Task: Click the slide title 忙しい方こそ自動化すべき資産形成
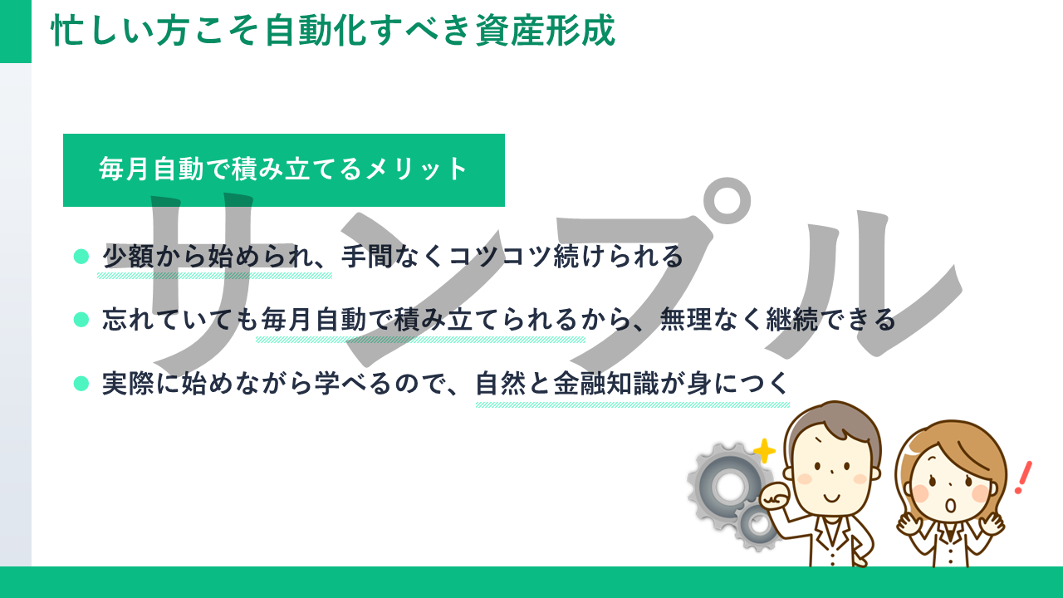pyautogui.click(x=333, y=31)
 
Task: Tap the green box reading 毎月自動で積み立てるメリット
pyautogui.click(x=284, y=170)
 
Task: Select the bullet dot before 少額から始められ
pyautogui.click(x=81, y=257)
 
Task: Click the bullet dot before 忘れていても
pyautogui.click(x=81, y=320)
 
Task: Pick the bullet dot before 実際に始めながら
pyautogui.click(x=81, y=384)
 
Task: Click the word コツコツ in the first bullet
pyautogui.click(x=500, y=257)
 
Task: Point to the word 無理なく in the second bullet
pyautogui.click(x=712, y=320)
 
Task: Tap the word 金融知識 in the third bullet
pyautogui.click(x=606, y=384)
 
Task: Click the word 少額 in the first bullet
pyautogui.click(x=128, y=257)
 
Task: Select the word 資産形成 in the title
pyautogui.click(x=546, y=31)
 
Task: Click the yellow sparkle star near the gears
pyautogui.click(x=764, y=451)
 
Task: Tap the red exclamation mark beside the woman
pyautogui.click(x=1022, y=478)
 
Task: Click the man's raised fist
pyautogui.click(x=775, y=498)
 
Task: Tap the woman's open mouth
pyautogui.click(x=951, y=505)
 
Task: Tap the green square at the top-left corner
pyautogui.click(x=16, y=32)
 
